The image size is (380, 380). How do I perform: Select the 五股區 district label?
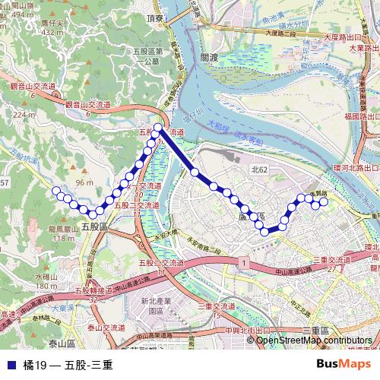point(95,226)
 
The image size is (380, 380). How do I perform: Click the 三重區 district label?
point(315,330)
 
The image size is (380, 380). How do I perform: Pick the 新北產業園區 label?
point(157,306)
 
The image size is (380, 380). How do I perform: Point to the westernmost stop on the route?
point(55,190)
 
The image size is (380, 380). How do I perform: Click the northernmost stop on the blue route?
point(158,128)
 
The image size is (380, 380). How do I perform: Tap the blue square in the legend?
point(10,365)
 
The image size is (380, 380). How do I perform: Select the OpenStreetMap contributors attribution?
point(314,340)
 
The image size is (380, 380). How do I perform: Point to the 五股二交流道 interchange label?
point(137,205)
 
